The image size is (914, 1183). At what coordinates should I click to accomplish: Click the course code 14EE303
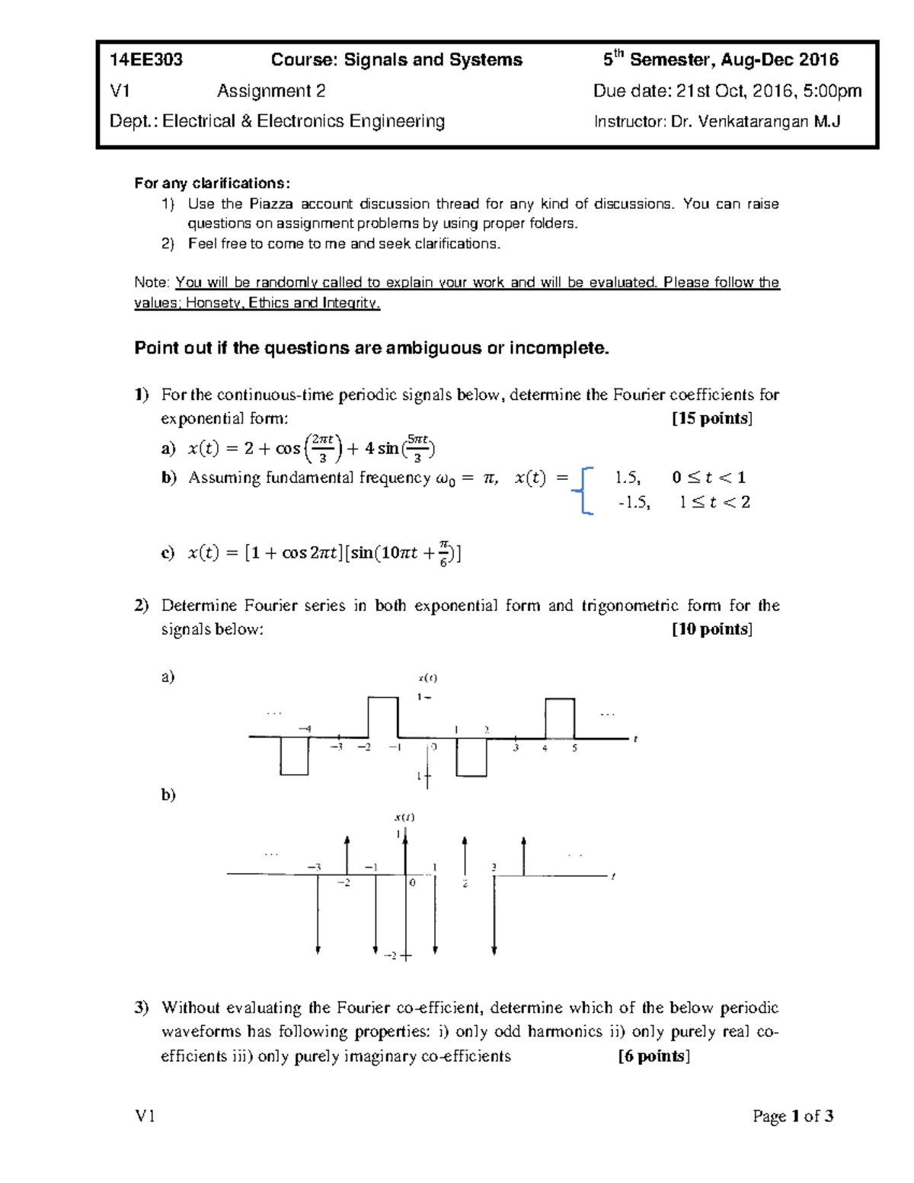146,60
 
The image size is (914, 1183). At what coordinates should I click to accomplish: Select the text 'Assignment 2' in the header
271,91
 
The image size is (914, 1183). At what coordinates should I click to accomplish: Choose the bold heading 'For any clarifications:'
212,184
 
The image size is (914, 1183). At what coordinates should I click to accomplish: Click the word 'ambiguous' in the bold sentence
418,348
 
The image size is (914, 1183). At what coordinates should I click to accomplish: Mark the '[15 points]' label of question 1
711,418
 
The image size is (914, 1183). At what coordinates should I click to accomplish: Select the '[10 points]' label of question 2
711,629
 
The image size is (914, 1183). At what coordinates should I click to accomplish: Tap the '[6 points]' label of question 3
654,1056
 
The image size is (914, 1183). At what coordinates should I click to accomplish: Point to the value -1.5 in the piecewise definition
634,503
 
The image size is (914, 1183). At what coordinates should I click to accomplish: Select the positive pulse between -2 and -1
383,717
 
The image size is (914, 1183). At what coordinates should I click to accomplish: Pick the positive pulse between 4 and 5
560,718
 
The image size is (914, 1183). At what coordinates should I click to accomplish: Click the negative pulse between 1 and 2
471,757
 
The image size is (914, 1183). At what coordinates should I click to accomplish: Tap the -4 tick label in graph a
304,729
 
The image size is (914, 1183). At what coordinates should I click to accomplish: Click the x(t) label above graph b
404,817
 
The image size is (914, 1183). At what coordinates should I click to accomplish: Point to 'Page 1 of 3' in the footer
793,1117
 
